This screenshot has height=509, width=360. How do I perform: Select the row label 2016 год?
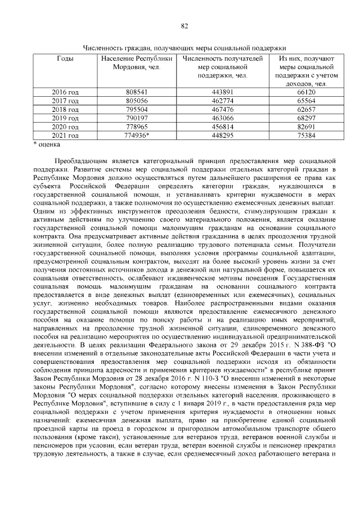point(65,92)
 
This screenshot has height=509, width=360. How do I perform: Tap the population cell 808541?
point(137,92)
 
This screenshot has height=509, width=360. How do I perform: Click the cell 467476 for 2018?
point(223,109)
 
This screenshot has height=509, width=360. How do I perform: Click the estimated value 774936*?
point(137,136)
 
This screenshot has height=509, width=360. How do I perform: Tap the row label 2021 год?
point(65,136)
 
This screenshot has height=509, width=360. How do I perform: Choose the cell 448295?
point(223,136)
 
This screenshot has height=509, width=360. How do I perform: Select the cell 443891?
point(223,92)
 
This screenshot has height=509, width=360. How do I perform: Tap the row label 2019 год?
point(65,118)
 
